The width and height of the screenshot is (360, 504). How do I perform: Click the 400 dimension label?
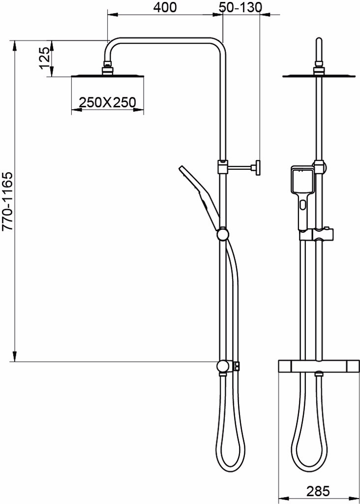tap(165, 7)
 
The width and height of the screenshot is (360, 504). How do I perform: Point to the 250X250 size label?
tap(108, 102)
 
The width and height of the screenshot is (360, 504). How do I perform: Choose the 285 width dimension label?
tap(318, 491)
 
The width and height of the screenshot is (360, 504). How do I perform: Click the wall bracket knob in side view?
tap(258, 168)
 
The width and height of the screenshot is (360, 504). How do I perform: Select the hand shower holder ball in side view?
tap(223, 234)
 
